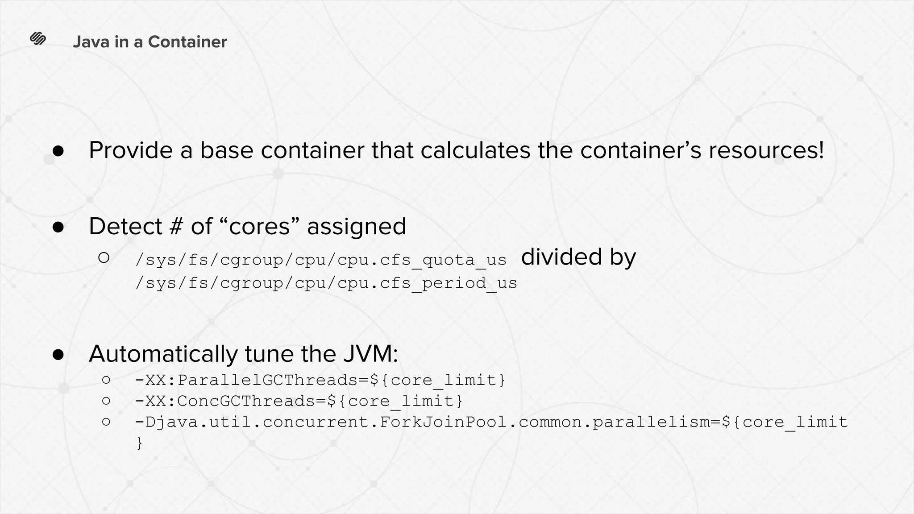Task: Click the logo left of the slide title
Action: coord(38,39)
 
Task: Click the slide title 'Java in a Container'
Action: coord(150,42)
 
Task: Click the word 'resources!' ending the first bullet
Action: coord(766,150)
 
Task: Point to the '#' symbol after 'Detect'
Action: coord(176,226)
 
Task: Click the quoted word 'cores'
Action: coord(259,226)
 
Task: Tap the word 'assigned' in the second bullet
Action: coord(357,226)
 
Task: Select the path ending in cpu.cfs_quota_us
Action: coord(321,260)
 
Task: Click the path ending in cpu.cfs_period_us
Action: coord(326,283)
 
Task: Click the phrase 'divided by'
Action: coord(578,257)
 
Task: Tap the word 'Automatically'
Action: coord(163,354)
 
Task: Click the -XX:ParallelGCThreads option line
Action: coord(320,380)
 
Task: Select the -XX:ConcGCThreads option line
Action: coord(299,401)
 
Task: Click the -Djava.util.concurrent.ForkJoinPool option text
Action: coord(491,422)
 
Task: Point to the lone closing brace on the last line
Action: coord(139,443)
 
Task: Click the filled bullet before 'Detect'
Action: coord(58,227)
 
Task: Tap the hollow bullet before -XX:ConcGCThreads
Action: coord(106,401)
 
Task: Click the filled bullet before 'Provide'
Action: coord(58,151)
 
